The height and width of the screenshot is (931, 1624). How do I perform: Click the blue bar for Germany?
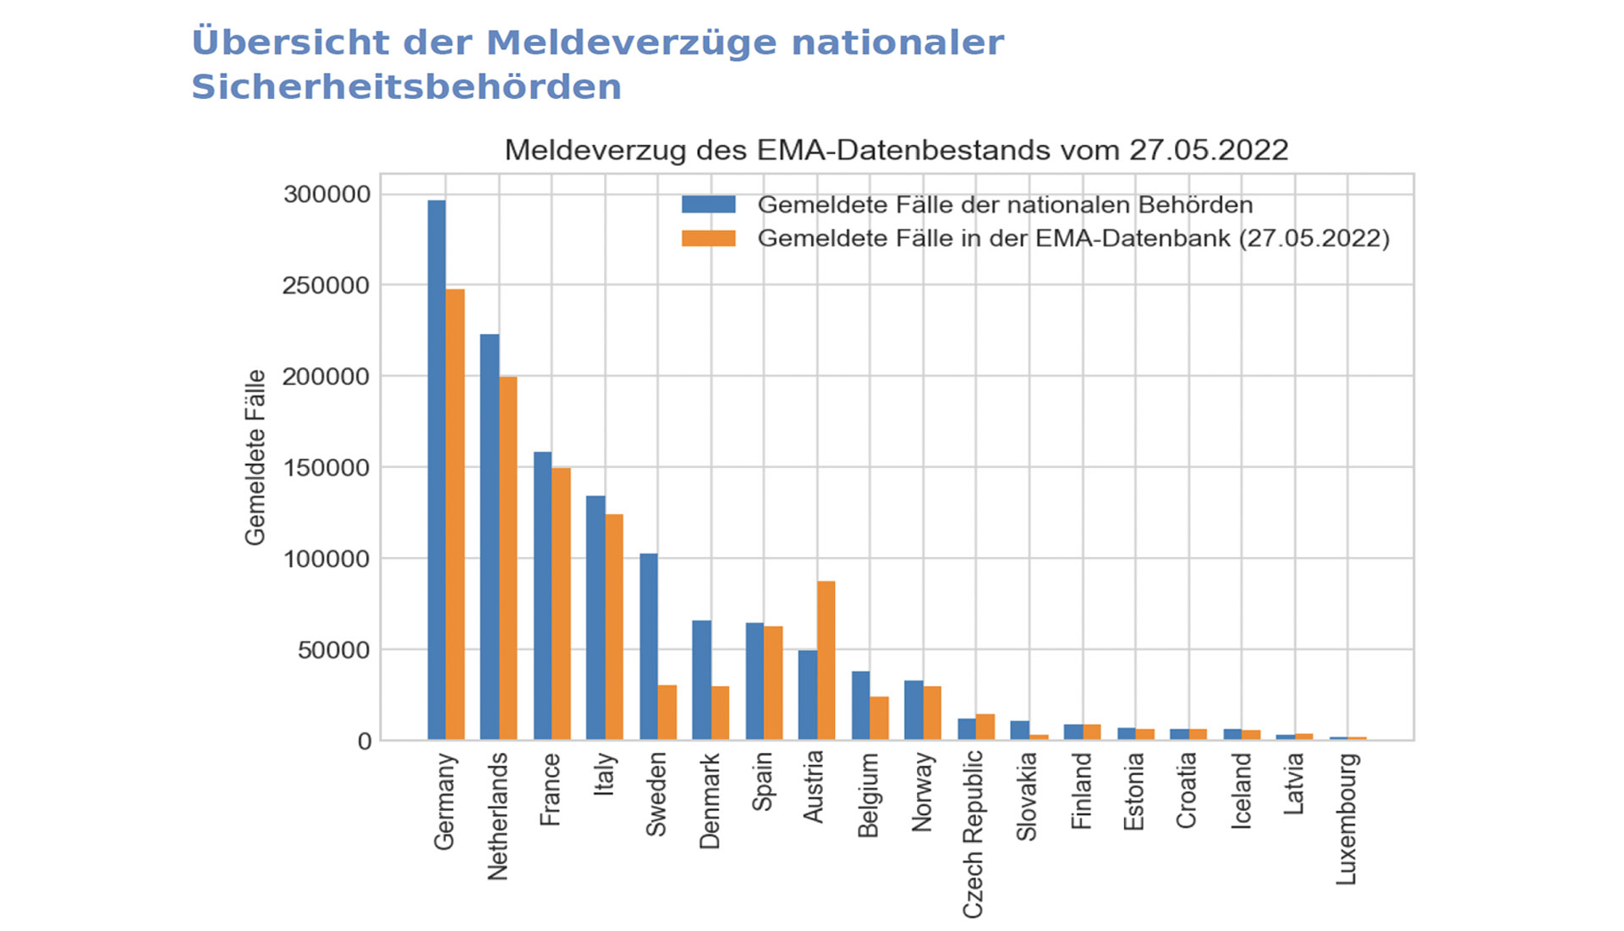[436, 470]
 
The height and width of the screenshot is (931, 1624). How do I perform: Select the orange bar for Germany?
[455, 515]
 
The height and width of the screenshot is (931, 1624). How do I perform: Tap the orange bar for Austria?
[826, 660]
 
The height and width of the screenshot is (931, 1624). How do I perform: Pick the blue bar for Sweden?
[649, 647]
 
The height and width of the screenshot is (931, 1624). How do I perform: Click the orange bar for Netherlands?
[508, 559]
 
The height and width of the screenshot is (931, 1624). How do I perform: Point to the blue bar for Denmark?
[701, 680]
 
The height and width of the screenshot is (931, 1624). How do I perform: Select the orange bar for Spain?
[773, 683]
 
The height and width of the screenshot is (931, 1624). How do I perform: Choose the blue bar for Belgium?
[860, 706]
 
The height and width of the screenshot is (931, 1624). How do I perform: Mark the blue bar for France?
[542, 596]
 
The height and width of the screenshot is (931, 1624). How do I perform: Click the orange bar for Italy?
[614, 627]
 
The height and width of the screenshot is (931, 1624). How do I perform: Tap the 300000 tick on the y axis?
[326, 195]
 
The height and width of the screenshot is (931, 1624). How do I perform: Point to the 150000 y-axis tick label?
[326, 468]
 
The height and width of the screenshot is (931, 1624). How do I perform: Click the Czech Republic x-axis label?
[974, 834]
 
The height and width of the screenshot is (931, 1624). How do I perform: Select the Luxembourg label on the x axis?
[1347, 818]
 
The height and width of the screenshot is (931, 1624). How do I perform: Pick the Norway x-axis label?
[922, 792]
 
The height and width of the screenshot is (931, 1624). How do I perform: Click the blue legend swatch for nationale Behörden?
[709, 205]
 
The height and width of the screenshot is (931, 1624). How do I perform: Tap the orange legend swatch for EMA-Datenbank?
[709, 239]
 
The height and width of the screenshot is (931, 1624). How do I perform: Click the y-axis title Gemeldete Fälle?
[255, 457]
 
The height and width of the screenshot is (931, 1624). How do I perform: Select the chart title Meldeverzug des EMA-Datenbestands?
[896, 151]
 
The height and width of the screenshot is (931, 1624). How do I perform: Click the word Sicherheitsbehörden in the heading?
[407, 87]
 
